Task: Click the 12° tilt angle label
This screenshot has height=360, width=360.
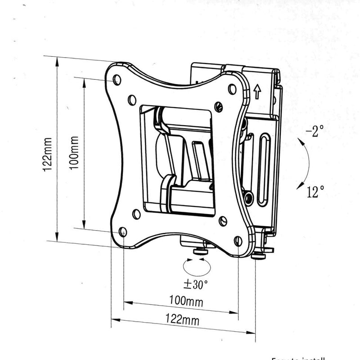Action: (315, 192)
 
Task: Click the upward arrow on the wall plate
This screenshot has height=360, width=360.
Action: (256, 92)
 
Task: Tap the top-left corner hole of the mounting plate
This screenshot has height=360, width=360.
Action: (117, 80)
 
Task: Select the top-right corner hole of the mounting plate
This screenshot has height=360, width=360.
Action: (232, 89)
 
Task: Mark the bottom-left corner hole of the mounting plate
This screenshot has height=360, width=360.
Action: (123, 232)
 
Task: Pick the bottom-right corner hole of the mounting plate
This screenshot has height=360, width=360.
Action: (238, 241)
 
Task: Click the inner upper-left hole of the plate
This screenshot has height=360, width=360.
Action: (132, 99)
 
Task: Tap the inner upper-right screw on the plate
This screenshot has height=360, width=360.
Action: (219, 107)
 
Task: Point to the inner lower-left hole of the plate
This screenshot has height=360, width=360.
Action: (136, 214)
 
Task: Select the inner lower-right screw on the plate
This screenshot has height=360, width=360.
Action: (222, 221)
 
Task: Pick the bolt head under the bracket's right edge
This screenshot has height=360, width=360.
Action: (259, 255)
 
